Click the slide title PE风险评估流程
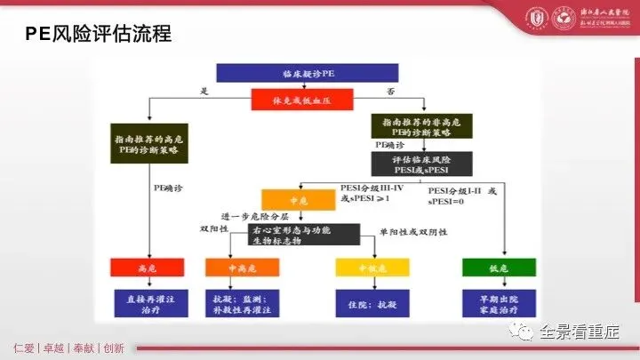tap(97, 36)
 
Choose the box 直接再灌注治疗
tap(148, 301)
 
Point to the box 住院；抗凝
tap(372, 302)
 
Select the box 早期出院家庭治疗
tap(500, 301)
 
